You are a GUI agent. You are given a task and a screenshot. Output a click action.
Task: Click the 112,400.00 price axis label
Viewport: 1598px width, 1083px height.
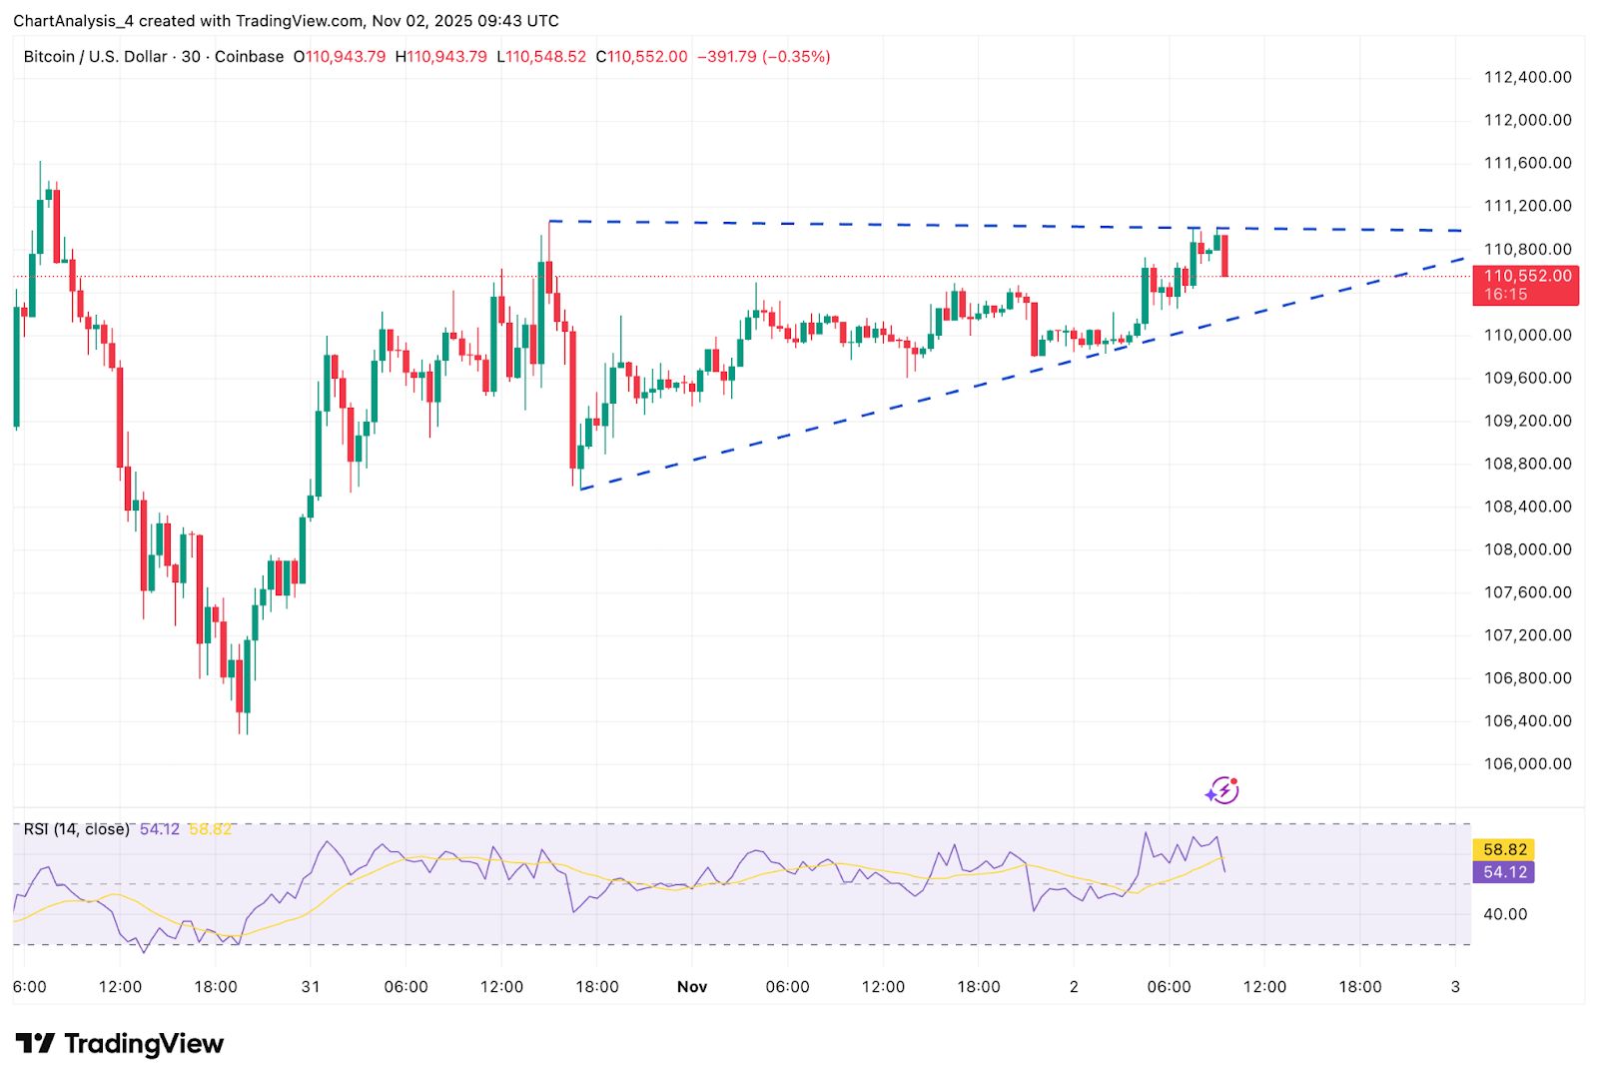[1527, 77]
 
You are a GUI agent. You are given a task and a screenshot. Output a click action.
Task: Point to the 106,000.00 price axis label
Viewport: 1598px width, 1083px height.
[1527, 763]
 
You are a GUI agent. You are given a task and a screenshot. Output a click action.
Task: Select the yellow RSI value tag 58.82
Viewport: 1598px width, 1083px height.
[1504, 849]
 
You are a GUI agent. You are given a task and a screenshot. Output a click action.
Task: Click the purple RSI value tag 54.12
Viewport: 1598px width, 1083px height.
[1504, 872]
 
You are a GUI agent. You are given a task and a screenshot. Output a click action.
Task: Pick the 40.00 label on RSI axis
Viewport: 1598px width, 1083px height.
[1504, 914]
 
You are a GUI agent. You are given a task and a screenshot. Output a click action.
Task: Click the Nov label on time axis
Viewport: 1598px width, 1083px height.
[691, 987]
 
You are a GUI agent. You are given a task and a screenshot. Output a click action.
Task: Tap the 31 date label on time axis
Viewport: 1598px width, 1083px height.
[311, 987]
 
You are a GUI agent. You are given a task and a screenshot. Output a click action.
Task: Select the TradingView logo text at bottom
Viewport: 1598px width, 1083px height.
[120, 1044]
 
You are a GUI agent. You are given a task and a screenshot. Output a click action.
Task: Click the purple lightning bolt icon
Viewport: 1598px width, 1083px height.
[1222, 791]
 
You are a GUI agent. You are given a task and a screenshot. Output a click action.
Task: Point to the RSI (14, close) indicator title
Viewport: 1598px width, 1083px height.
[77, 829]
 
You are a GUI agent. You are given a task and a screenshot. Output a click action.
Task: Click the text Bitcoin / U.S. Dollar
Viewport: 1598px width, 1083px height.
[95, 57]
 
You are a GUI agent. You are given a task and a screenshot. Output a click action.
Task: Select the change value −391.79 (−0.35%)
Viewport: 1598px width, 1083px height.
[763, 57]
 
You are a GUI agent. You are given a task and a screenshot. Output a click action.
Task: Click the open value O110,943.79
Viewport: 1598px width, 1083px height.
[340, 57]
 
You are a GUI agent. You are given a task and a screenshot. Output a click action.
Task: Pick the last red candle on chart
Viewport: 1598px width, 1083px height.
[1224, 256]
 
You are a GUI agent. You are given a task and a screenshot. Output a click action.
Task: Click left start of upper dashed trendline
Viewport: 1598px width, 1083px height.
[550, 221]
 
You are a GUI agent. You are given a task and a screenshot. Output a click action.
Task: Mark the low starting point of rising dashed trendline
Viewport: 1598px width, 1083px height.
[581, 489]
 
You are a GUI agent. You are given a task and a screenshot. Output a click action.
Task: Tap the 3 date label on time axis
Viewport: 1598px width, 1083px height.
[1455, 987]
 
